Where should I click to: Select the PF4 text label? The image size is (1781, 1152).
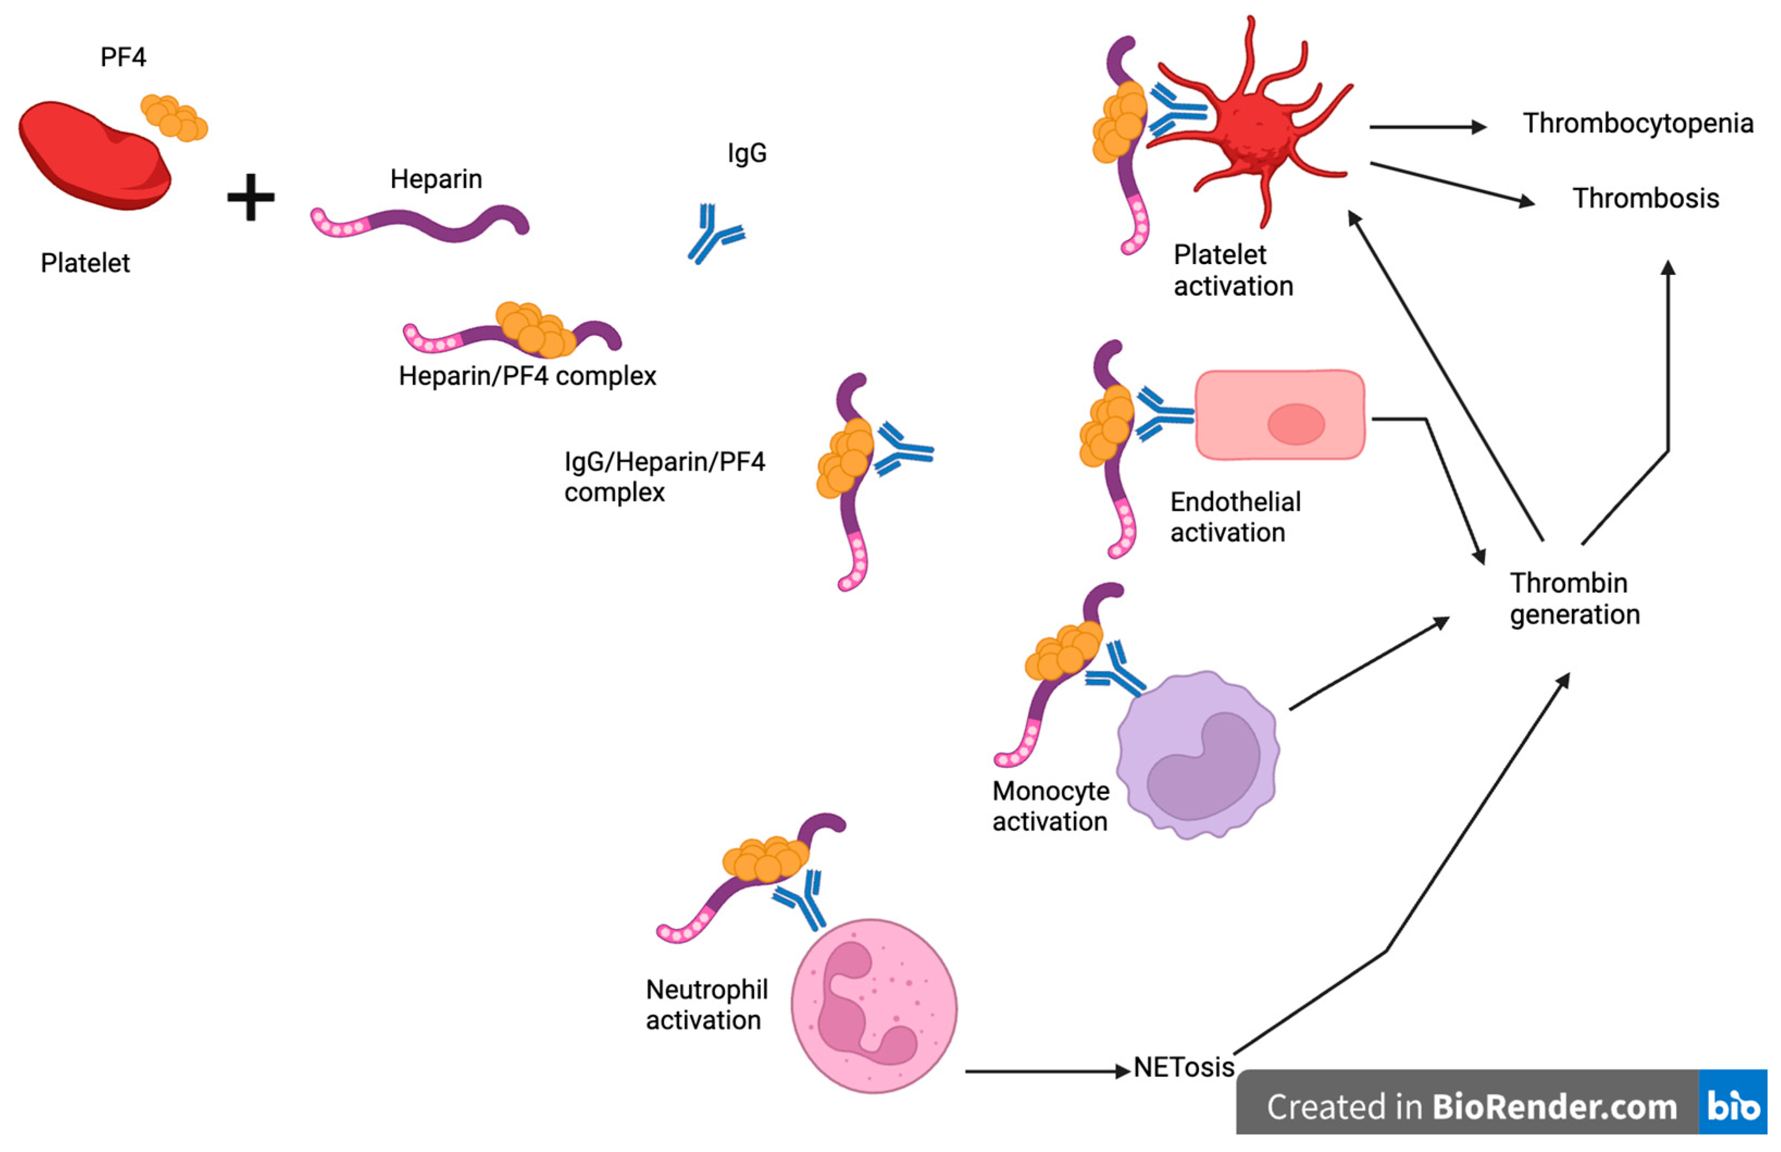coord(123,58)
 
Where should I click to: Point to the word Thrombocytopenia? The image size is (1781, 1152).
coord(1637,123)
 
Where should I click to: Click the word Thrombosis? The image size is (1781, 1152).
coord(1645,198)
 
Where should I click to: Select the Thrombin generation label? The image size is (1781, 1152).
coord(1574,598)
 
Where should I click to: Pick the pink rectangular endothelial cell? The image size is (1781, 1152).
coord(1280,415)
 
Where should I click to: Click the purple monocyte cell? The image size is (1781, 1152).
coord(1197,755)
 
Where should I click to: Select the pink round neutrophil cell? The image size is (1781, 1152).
coord(873,1006)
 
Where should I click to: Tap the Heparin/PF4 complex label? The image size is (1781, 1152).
coord(527,375)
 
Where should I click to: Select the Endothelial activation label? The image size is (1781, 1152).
coord(1235,517)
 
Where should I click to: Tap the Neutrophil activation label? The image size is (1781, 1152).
coord(706,1005)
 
